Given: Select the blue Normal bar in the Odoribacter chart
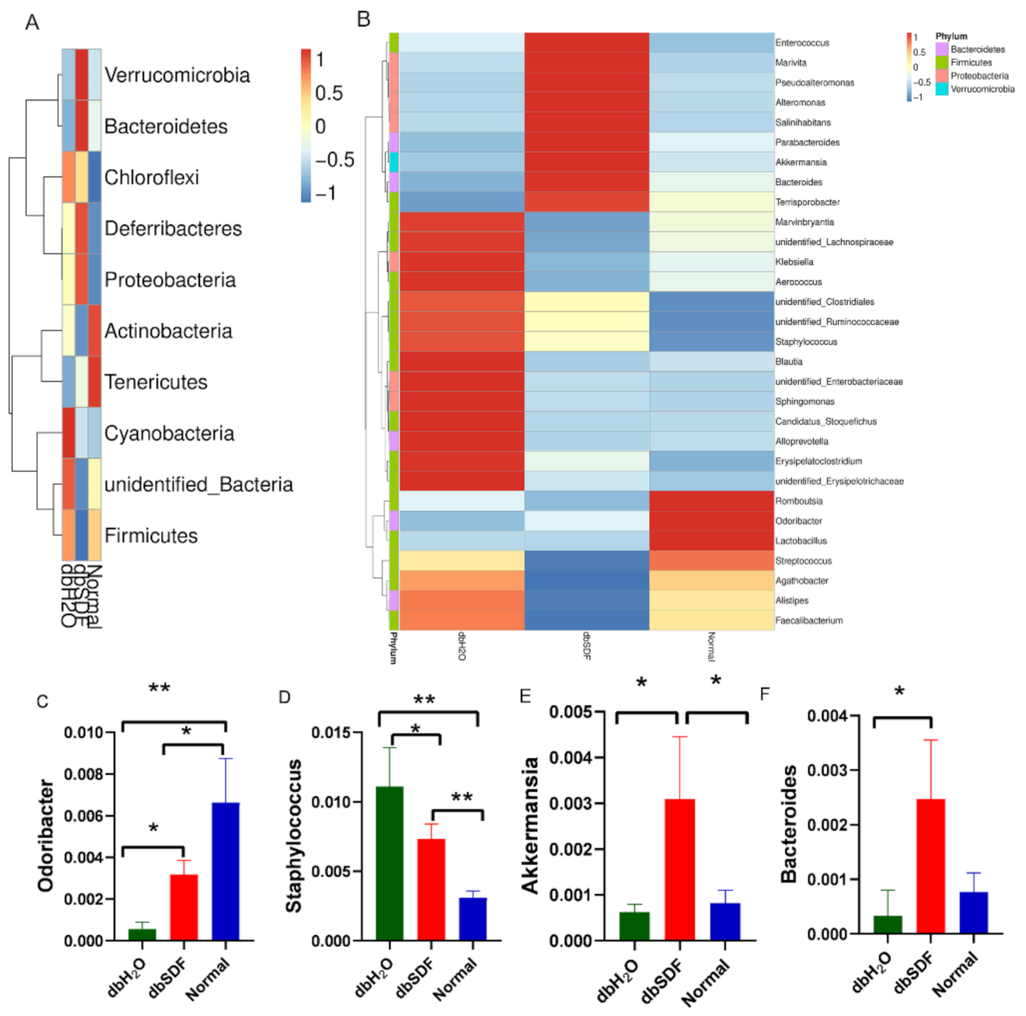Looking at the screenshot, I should (x=225, y=872).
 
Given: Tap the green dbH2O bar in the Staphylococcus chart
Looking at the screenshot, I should (x=389, y=863).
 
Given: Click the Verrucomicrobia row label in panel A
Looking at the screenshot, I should (x=177, y=75).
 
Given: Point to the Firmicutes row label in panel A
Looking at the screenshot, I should (x=150, y=535).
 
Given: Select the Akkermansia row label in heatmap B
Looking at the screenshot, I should (x=800, y=162).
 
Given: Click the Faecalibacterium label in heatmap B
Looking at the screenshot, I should (x=808, y=620).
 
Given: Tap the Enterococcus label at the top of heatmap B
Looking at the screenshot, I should (x=802, y=43).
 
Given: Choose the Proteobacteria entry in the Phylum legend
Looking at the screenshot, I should (x=979, y=76).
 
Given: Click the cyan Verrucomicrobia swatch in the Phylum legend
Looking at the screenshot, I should (x=941, y=89).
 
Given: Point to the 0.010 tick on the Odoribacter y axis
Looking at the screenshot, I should (x=83, y=733).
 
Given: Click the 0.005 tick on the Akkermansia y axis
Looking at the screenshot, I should (x=570, y=712).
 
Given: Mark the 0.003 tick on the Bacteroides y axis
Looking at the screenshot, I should (x=825, y=771).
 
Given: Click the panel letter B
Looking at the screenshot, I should (x=363, y=20).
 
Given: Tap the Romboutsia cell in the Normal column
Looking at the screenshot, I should (x=712, y=501).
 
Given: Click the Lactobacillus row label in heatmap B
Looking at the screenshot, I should (x=800, y=541).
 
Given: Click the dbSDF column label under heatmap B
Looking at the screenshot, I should (x=587, y=646).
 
